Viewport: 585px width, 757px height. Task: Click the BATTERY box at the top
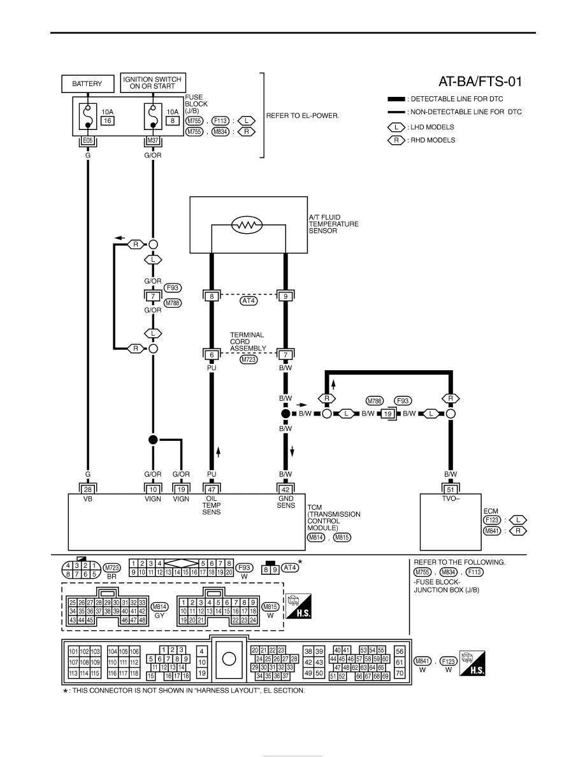[87, 83]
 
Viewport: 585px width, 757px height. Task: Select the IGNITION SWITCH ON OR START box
[152, 83]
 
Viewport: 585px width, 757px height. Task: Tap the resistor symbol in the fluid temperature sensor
[247, 224]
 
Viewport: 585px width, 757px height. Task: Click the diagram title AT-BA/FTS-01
[480, 82]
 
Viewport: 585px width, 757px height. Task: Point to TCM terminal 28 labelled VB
[88, 489]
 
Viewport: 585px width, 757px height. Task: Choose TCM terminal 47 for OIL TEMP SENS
[212, 489]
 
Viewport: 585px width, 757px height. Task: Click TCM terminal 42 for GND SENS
[285, 489]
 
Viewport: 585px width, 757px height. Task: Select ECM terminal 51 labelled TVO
[451, 489]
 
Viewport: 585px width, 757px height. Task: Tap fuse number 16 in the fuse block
[107, 120]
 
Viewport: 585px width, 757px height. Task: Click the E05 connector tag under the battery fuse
[88, 140]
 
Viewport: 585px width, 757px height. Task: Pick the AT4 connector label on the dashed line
[249, 301]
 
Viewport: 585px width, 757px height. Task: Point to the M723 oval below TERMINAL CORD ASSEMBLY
[249, 359]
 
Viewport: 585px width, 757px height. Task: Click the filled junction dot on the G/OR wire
[153, 439]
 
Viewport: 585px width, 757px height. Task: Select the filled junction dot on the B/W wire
[285, 414]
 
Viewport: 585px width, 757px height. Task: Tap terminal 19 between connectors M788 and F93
[387, 414]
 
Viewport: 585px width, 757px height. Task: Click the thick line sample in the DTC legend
[396, 99]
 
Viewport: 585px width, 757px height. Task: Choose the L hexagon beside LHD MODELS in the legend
[396, 127]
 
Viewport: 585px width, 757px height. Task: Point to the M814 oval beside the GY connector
[160, 607]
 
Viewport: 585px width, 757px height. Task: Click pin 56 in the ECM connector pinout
[399, 651]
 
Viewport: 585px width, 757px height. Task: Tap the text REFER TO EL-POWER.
[303, 116]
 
